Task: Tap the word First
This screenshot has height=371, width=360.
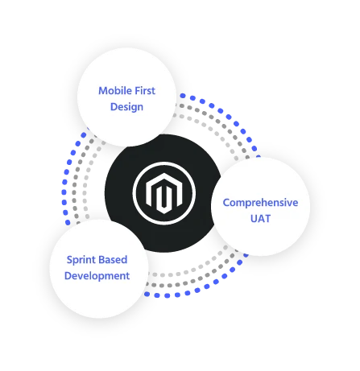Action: click(x=145, y=91)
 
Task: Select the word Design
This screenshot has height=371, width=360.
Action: click(x=126, y=107)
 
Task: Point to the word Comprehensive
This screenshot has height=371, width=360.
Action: click(x=260, y=203)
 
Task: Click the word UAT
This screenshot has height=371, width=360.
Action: click(x=260, y=219)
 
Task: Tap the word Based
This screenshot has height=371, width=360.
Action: click(x=114, y=260)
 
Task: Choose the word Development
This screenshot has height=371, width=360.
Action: click(x=97, y=276)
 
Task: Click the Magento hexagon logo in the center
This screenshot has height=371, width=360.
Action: click(x=164, y=193)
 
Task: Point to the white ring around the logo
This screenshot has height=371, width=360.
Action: click(x=164, y=163)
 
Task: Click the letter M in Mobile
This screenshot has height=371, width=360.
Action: click(x=103, y=91)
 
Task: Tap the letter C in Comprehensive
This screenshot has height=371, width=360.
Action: click(x=226, y=203)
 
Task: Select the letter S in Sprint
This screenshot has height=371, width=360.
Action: click(x=69, y=260)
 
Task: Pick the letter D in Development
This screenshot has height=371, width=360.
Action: click(x=68, y=276)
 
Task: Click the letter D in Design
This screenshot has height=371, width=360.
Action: click(x=114, y=107)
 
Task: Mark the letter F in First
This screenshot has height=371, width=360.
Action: click(x=138, y=91)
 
